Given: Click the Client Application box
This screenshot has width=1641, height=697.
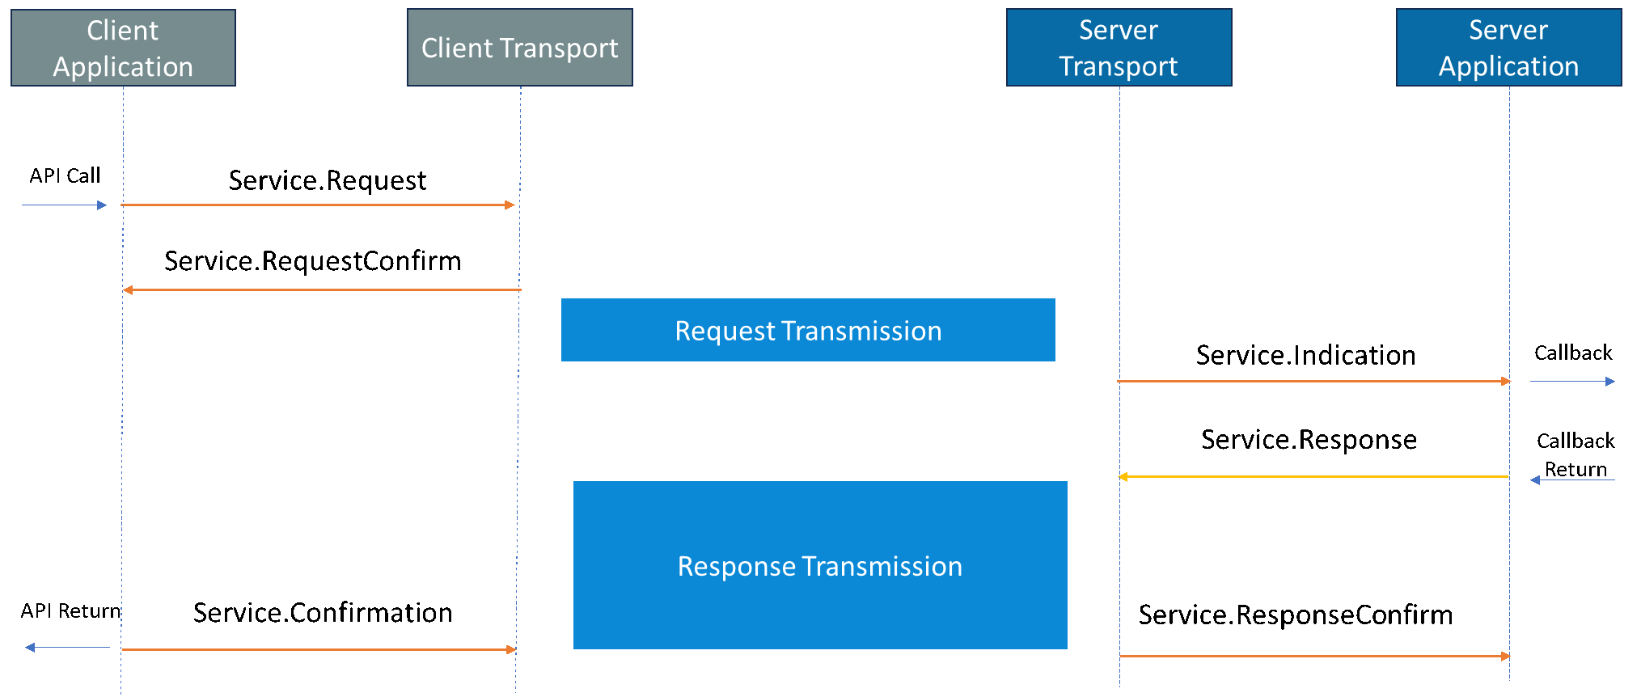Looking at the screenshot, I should [123, 48].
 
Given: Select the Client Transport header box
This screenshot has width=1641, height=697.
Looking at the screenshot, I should [519, 48].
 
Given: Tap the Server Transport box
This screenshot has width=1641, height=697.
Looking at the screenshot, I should [1119, 48].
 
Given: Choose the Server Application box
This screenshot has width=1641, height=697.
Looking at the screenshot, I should [1508, 48].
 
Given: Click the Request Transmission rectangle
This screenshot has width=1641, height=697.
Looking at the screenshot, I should [808, 330].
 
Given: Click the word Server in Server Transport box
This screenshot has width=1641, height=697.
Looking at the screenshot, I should [1119, 31].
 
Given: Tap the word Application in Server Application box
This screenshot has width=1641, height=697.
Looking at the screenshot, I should [1508, 66].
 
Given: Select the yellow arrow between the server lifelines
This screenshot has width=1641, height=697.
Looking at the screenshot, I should [1314, 477].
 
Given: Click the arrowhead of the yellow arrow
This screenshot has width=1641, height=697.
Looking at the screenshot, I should [1123, 477].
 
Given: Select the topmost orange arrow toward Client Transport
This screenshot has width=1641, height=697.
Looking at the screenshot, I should [318, 205].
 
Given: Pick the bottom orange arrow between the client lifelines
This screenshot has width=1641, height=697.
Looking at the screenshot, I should [318, 649].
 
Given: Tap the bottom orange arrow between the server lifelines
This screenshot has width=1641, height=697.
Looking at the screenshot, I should [1314, 656].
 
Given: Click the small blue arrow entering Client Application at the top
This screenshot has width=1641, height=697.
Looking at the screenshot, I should [64, 205].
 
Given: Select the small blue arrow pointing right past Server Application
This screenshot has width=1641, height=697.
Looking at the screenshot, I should [1572, 381].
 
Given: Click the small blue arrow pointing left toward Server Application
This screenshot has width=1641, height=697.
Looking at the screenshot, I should [1572, 480].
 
